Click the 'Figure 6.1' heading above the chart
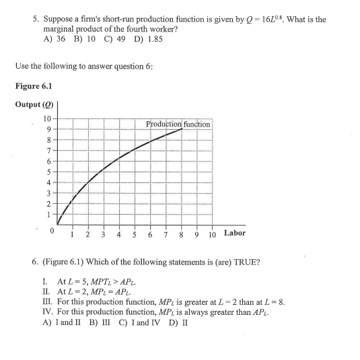[x=33, y=85]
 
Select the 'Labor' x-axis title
[x=234, y=233]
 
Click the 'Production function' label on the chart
[x=178, y=124]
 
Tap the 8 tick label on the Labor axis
[x=181, y=234]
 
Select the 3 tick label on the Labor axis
[x=102, y=234]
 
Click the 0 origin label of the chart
[x=50, y=231]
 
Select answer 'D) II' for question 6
[x=179, y=322]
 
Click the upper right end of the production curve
[x=181, y=129]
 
